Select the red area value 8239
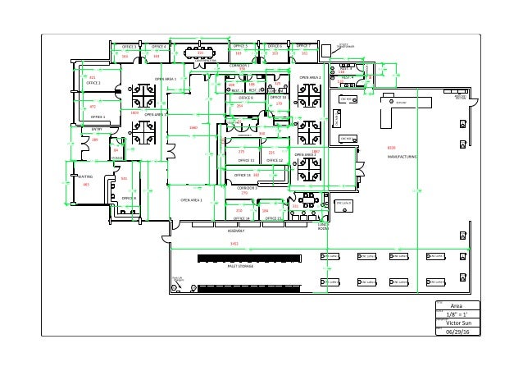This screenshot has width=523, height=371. pos(391,147)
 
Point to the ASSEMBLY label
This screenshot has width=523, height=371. pos(237,231)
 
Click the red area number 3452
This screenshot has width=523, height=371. pos(234,244)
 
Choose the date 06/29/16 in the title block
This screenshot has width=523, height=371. pos(457,332)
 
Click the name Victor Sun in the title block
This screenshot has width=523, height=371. pos(457,323)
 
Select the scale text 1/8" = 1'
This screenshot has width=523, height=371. pos(457,314)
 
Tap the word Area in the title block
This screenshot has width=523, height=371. pos(457,305)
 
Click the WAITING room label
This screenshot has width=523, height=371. pos(85,176)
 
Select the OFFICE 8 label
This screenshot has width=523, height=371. pos(129,199)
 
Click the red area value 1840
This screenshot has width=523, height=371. pos(193,128)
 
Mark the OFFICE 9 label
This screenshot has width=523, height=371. pos(245,98)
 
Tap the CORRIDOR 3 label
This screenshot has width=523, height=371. pos(247,188)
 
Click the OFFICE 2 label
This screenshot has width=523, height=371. pos(93,83)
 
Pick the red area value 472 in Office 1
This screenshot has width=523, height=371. pos(93,107)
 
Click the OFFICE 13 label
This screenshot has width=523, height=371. pos(242,175)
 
